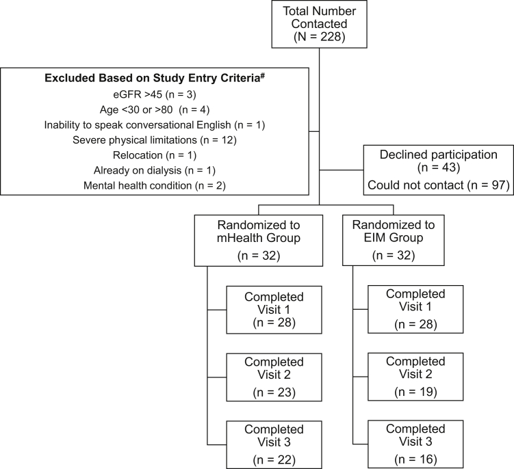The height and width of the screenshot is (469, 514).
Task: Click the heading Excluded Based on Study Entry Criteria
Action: pyautogui.click(x=153, y=79)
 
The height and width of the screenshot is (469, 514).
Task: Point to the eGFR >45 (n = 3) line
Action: pyautogui.click(x=155, y=94)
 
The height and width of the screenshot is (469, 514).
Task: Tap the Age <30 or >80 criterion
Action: pyautogui.click(x=155, y=109)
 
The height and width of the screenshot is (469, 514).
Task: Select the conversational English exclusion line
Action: pyautogui.click(x=155, y=124)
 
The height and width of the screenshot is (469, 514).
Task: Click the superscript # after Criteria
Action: pyautogui.click(x=264, y=75)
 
